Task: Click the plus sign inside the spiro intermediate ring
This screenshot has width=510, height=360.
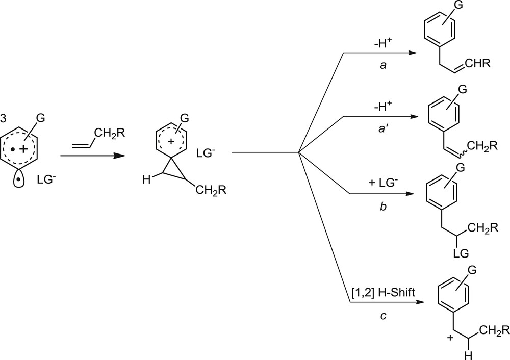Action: pyautogui.click(x=172, y=139)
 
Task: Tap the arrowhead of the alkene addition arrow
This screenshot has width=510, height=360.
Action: pyautogui.click(x=121, y=154)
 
